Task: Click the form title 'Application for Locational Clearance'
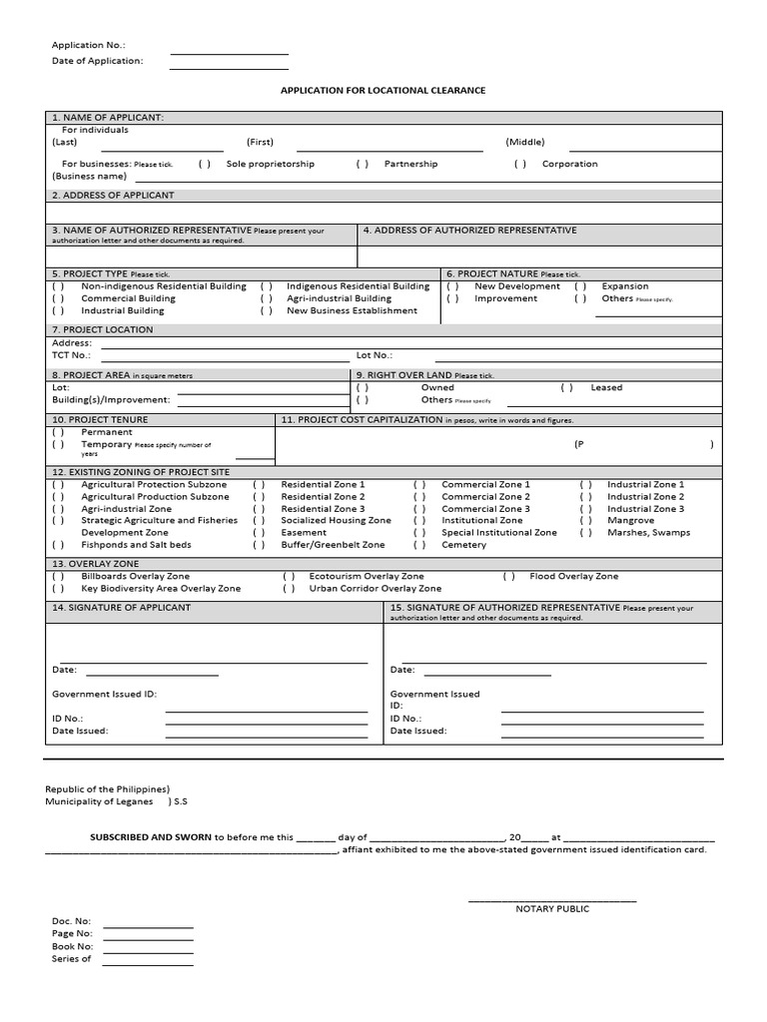[x=383, y=90]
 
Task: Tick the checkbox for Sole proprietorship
[x=204, y=164]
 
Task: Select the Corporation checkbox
[x=520, y=164]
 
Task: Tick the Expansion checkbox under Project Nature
[x=580, y=286]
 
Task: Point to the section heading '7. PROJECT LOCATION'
[x=103, y=328]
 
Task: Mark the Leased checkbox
[x=567, y=387]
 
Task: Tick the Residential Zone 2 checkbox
[x=259, y=496]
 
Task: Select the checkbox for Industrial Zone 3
[x=586, y=508]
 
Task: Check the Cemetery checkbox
[x=420, y=545]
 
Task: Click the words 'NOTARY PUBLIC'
[x=552, y=908]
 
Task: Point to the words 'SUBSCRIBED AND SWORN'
[x=151, y=837]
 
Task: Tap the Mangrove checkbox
[x=586, y=520]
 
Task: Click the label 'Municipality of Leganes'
[x=99, y=801]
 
